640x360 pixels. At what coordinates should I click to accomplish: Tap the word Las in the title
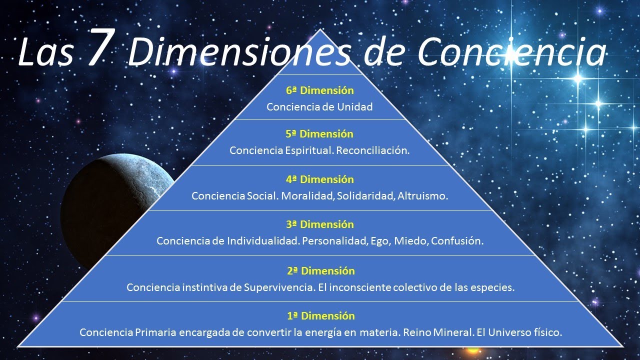45,52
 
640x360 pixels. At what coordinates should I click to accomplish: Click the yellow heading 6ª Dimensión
320,90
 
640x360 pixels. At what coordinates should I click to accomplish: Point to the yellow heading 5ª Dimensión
320,134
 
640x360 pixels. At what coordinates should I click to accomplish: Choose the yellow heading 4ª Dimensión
320,179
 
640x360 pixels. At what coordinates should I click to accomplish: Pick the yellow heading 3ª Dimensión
320,224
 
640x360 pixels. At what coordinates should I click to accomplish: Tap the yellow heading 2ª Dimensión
320,270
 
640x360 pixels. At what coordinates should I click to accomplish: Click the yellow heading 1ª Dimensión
320,315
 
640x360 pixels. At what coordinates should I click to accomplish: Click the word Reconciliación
373,150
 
